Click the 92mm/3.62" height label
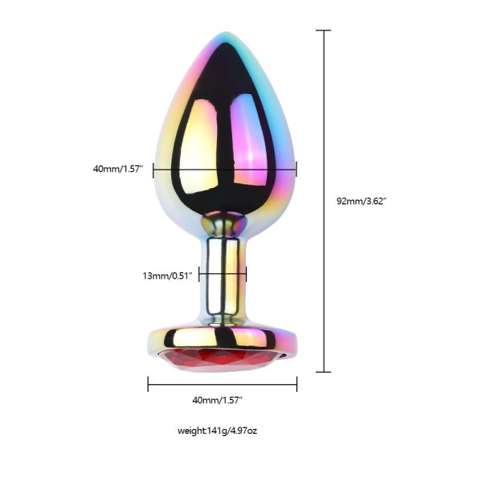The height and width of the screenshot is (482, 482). tap(361, 202)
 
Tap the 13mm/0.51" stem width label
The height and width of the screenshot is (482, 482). tap(168, 276)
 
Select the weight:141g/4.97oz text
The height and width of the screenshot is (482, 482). tap(217, 431)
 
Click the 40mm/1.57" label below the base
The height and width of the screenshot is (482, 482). tap(218, 400)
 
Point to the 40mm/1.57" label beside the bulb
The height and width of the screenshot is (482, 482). tap(118, 169)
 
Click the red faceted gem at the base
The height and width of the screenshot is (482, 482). tap(221, 361)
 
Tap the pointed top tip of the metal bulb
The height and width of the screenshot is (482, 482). tap(225, 32)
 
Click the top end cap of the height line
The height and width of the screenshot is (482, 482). tap(324, 31)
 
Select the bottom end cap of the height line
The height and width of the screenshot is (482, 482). tap(324, 372)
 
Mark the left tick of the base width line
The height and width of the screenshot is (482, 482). tap(148, 384)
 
